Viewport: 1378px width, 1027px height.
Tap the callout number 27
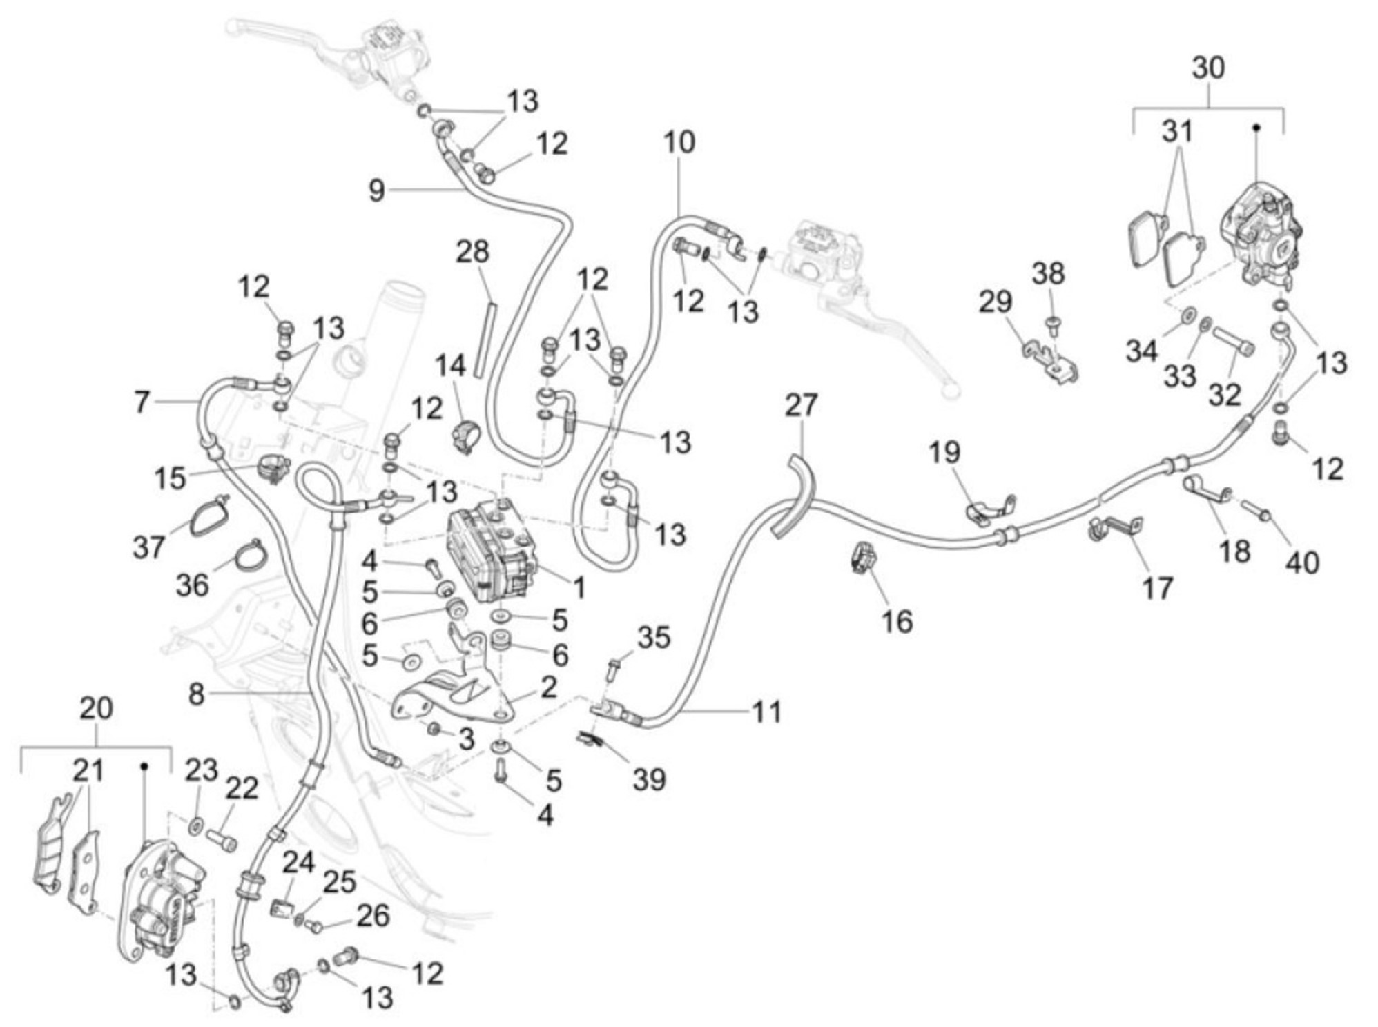pos(800,406)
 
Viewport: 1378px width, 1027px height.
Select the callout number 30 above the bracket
pos(1208,68)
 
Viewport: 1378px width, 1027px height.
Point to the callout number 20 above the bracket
pos(96,708)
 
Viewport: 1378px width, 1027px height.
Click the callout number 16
pos(897,622)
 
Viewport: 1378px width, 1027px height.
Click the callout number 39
pos(648,780)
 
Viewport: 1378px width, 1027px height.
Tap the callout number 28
pos(472,252)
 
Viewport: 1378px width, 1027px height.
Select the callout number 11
pos(766,712)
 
